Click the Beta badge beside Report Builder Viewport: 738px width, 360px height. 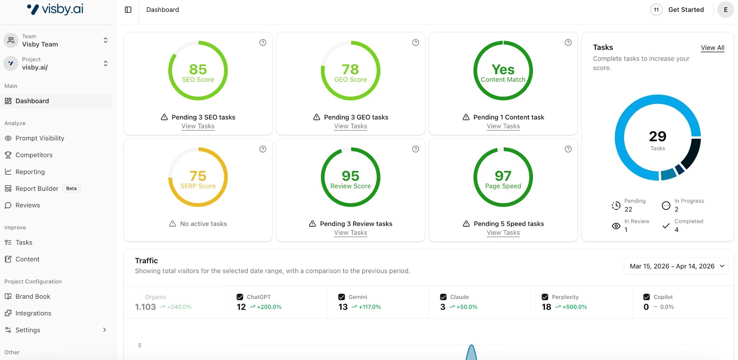click(x=71, y=188)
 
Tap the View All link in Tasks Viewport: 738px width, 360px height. click(x=712, y=48)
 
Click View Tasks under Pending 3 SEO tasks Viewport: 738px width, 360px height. click(x=198, y=126)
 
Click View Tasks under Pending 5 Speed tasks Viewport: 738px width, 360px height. click(x=503, y=233)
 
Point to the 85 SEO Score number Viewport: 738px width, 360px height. click(x=198, y=69)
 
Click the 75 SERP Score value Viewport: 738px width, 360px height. click(x=198, y=176)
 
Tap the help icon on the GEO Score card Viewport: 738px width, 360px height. click(x=415, y=43)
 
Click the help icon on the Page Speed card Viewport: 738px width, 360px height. click(x=568, y=149)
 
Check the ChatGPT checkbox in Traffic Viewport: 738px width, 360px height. click(x=240, y=297)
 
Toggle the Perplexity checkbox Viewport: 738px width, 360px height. click(x=545, y=297)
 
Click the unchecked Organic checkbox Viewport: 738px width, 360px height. click(x=138, y=297)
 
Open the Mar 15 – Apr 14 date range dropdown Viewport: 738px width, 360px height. click(x=676, y=266)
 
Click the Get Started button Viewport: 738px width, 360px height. click(x=686, y=10)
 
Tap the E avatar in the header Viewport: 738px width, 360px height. click(x=725, y=10)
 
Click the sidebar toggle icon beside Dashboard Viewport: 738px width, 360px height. click(x=128, y=10)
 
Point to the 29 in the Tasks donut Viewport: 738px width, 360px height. click(x=658, y=136)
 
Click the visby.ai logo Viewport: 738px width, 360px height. click(x=55, y=9)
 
